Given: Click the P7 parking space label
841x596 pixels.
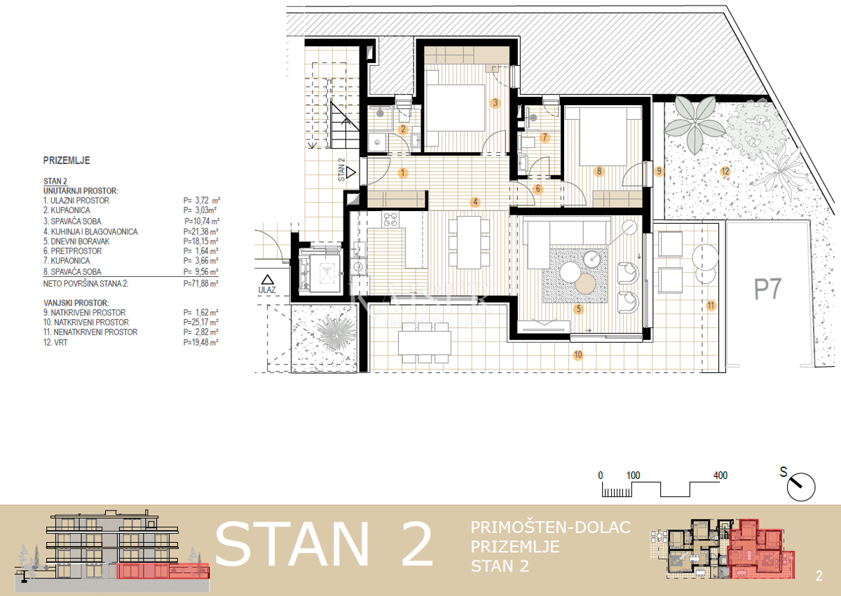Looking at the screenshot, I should click(x=767, y=289).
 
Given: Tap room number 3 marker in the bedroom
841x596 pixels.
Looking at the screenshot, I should click(x=495, y=103).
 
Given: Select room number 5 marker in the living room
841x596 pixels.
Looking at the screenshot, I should click(x=578, y=308).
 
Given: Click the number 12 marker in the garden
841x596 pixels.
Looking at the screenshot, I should click(x=725, y=171).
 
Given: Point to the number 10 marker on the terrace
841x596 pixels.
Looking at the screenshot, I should click(x=577, y=355).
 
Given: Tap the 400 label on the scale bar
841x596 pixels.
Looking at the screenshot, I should click(x=720, y=475).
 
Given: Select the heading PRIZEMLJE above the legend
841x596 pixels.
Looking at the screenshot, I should click(x=67, y=161).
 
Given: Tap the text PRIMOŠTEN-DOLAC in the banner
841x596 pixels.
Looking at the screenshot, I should click(x=551, y=527).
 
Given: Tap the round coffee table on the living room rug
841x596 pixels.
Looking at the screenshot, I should click(x=584, y=283).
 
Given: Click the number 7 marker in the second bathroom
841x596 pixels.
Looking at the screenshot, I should click(x=545, y=137).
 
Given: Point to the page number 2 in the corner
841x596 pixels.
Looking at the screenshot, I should click(x=819, y=577).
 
